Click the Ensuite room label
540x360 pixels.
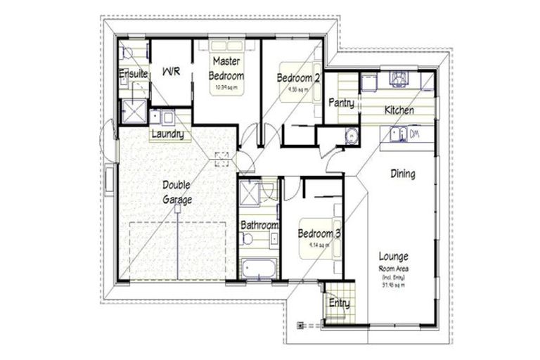coord(132,73)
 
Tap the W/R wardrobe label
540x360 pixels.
coord(171,72)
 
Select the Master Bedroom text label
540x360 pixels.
coord(226,68)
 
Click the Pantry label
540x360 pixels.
coord(342,103)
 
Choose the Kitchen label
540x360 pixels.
coord(398,110)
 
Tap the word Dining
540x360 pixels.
coord(402,174)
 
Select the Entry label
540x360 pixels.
coord(339,304)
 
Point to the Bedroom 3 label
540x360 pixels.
coord(319,233)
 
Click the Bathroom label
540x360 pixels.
coord(259,225)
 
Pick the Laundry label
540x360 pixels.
coord(168,134)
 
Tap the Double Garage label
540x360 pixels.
coord(177,192)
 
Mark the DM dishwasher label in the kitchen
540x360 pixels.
coord(414,134)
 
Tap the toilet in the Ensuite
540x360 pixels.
coord(127,51)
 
